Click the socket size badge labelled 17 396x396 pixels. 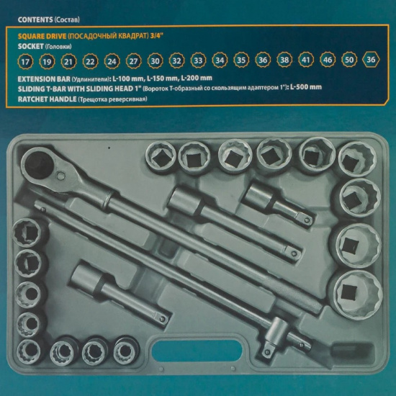(25, 61)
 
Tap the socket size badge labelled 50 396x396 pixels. (349, 60)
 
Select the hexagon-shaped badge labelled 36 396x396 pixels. (371, 60)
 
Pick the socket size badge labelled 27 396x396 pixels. (133, 61)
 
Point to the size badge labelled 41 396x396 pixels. (306, 60)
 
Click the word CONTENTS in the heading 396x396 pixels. (35, 19)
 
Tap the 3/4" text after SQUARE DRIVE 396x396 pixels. (157, 36)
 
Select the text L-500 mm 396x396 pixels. (305, 87)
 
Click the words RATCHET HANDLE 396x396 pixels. (47, 99)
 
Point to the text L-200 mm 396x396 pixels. (197, 78)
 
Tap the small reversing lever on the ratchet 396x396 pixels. (61, 176)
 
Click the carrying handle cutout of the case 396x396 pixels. (197, 351)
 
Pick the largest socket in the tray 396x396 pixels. (356, 294)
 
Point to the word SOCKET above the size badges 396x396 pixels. (30, 47)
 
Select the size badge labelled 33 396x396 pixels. (198, 60)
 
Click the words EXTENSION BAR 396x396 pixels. (44, 79)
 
